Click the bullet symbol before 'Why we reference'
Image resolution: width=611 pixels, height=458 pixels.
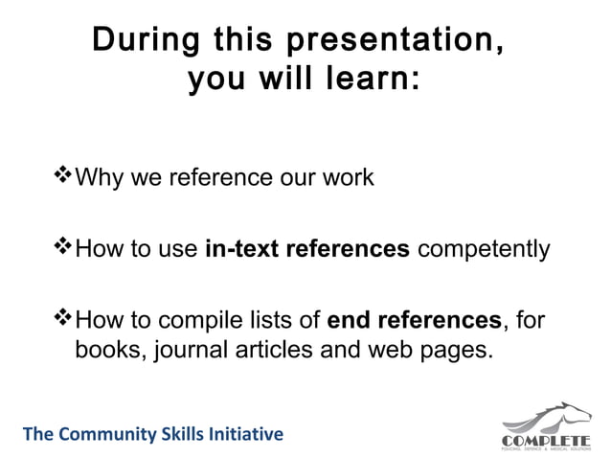tap(64, 175)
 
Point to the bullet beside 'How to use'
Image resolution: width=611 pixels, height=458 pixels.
tap(64, 247)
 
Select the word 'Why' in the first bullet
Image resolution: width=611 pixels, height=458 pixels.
tap(95, 177)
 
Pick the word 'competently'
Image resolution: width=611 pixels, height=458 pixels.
tap(484, 249)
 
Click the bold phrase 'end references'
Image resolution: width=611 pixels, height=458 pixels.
tap(413, 319)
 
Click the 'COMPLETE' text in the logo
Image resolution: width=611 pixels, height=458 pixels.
tap(546, 439)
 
